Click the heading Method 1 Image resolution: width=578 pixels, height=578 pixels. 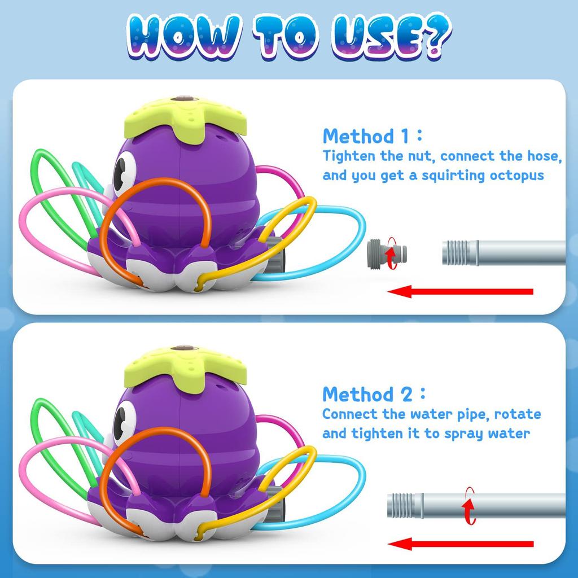click(366, 136)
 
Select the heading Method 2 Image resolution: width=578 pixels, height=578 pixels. click(367, 393)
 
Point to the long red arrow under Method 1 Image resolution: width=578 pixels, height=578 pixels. click(461, 292)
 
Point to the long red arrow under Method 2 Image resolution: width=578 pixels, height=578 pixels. click(461, 544)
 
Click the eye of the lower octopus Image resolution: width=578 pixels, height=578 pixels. click(124, 424)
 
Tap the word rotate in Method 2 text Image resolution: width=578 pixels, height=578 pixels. click(518, 414)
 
